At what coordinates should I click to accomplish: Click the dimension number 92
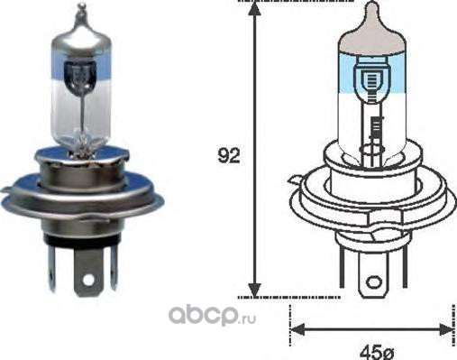point(229,156)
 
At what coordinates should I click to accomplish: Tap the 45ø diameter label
point(377,352)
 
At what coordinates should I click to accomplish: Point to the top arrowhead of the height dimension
point(254,8)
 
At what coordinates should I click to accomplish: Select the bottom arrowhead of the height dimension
point(255,290)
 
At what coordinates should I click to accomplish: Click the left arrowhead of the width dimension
point(297,329)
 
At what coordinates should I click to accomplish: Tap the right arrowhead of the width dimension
point(446,329)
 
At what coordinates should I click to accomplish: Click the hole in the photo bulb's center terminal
point(88,280)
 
